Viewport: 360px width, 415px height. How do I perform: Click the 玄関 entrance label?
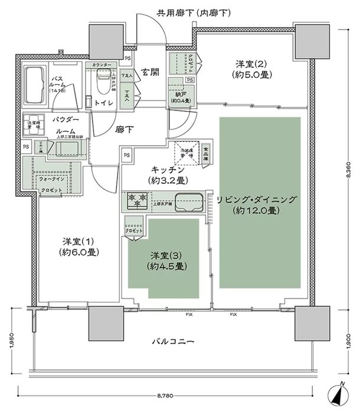[x=149, y=73]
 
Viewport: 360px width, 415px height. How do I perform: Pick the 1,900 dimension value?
[x=349, y=341]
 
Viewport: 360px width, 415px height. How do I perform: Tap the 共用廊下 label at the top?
[x=177, y=12]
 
